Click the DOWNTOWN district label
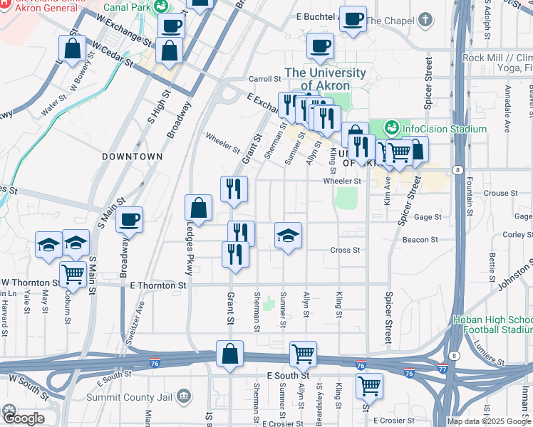pos(132,156)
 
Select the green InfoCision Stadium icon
pos(390,129)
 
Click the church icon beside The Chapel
pos(425,20)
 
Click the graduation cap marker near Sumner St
pos(289,236)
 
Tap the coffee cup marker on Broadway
pos(129,220)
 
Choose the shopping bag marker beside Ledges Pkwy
pos(199,209)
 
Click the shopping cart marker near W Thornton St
pos(73,273)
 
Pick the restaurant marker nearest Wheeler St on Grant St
pos(234,189)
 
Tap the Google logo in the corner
pos(23,418)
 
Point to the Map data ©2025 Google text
pos(489,421)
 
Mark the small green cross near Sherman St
pos(268,305)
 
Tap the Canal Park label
pos(128,6)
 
